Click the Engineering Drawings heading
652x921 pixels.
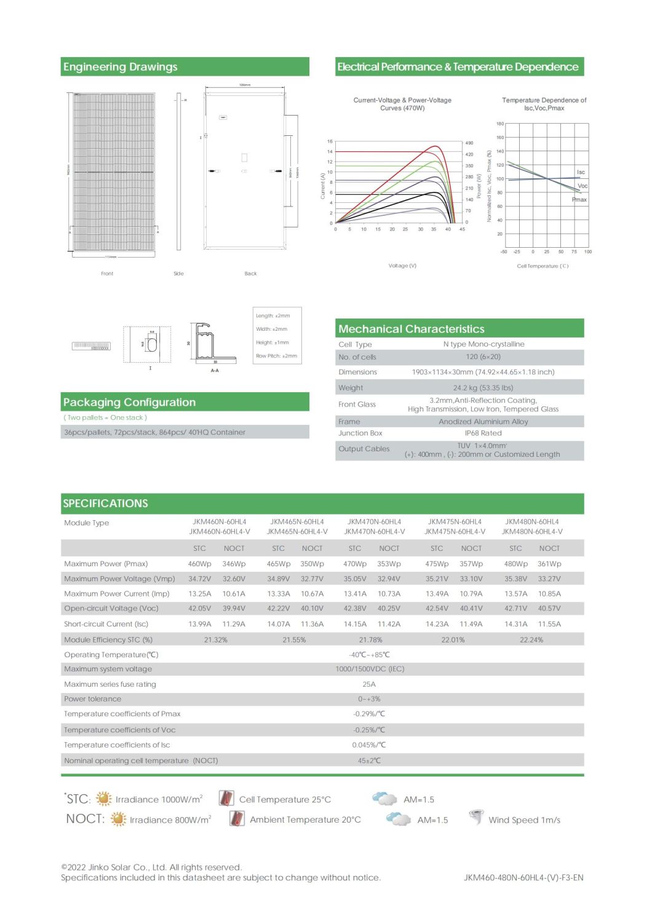[x=120, y=67]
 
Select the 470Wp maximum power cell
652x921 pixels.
[x=355, y=564]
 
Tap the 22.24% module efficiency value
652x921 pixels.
[x=531, y=640]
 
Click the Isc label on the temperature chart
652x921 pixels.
[x=581, y=172]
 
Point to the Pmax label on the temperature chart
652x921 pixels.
[x=579, y=200]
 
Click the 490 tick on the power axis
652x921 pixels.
[x=469, y=143]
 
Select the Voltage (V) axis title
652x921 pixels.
[x=402, y=266]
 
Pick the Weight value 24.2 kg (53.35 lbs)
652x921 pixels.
[x=483, y=388]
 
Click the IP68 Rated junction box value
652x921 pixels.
[x=483, y=433]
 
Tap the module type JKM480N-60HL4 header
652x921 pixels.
[x=532, y=522]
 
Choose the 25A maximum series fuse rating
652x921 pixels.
[x=369, y=684]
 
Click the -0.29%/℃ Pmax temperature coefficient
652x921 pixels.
[x=369, y=714]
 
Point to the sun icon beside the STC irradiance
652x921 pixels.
[x=104, y=799]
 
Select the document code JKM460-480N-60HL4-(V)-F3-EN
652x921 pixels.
[x=523, y=878]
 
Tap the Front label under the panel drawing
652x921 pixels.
[x=107, y=274]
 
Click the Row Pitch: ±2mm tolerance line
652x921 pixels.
[x=276, y=356]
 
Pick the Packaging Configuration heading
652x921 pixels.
[x=129, y=403]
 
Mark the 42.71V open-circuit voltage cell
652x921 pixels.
[x=515, y=609]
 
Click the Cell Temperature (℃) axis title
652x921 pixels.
[x=543, y=266]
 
